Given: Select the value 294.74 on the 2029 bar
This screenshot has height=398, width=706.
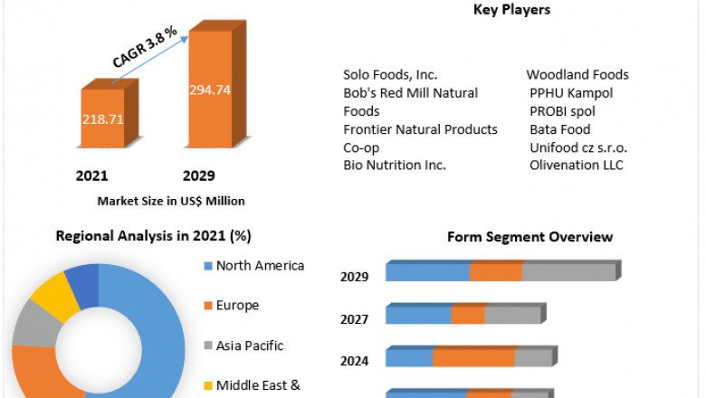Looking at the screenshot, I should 209,90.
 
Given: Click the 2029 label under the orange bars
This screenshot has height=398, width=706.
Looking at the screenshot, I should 198,175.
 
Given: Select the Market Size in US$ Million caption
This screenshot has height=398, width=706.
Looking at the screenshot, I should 170,201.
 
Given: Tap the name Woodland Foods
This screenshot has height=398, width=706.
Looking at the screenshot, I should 577,75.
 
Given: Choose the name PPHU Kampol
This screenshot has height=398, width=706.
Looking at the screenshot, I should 571,93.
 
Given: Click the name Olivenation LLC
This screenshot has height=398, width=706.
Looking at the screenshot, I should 577,165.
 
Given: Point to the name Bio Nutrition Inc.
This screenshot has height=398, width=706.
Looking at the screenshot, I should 395,165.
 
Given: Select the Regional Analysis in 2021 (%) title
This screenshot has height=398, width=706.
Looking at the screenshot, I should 154,236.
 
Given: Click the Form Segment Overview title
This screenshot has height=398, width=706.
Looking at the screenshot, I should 529,237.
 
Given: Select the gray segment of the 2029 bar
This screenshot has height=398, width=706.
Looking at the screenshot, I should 568,272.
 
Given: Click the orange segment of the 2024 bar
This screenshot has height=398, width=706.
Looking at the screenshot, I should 473,358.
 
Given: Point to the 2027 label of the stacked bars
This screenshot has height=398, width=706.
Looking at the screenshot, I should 354,319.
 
